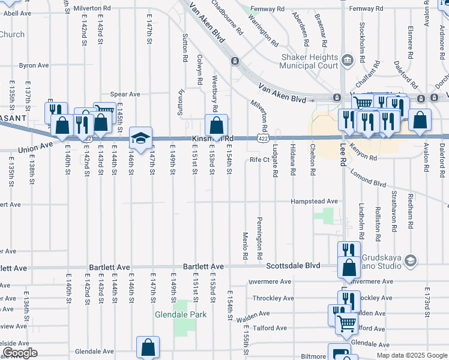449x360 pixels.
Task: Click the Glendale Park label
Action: tap(181, 314)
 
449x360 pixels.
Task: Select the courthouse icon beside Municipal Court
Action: tap(348, 60)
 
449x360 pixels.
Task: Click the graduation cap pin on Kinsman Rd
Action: tap(140, 139)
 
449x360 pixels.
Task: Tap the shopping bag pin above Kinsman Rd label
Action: tap(216, 126)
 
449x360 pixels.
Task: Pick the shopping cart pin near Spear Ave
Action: tap(104, 112)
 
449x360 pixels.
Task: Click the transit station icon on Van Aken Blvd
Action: tap(235, 61)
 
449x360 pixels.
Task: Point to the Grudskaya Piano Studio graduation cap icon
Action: tap(411, 260)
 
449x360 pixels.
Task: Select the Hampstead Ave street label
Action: tap(315, 202)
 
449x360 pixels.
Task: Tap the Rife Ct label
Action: tap(259, 160)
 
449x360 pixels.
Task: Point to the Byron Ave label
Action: tap(34, 65)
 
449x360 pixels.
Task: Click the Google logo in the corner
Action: tap(20, 353)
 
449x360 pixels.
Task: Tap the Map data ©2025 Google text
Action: tap(411, 355)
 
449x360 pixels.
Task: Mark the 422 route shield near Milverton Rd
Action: tap(263, 139)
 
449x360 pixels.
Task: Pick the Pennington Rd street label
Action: tap(259, 238)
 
